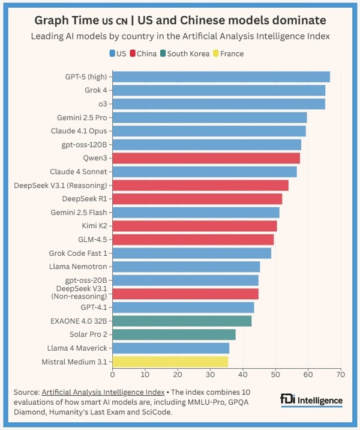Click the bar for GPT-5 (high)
coord(221,77)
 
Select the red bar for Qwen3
coord(206,158)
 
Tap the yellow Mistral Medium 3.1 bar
coord(170,362)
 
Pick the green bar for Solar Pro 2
coord(174,335)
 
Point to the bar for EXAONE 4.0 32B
coord(182,321)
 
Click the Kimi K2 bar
coord(194,226)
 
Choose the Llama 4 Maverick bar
coord(170,348)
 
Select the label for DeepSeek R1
coord(85,199)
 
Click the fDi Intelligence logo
coord(311,400)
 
